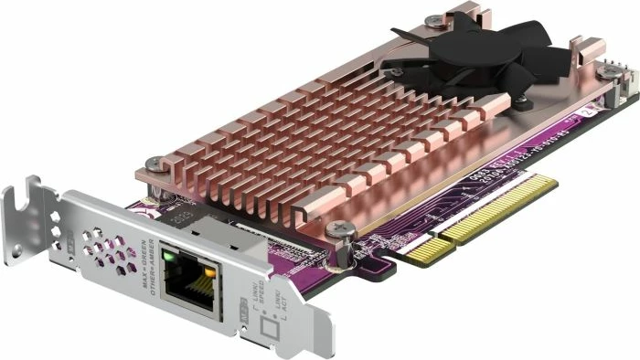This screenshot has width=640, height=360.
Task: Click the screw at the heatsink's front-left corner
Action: coord(152,164)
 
